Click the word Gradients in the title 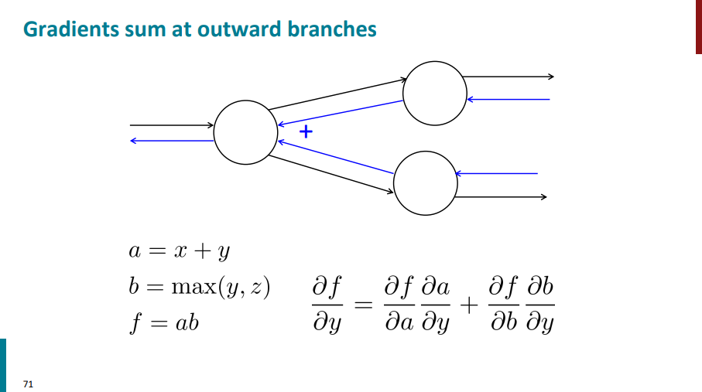(64, 29)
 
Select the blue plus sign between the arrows (306, 131)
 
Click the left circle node (245, 132)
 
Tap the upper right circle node (435, 94)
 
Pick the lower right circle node (426, 183)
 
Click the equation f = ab (164, 322)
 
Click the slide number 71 (29, 383)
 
